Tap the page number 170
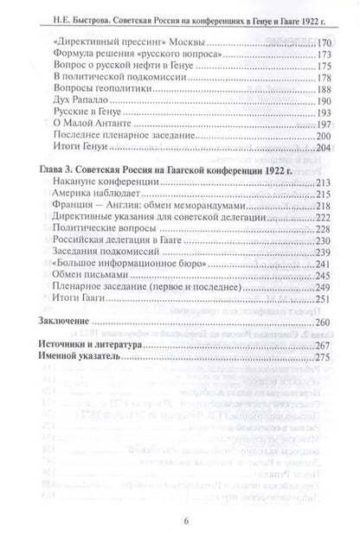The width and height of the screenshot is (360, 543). (x=323, y=42)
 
